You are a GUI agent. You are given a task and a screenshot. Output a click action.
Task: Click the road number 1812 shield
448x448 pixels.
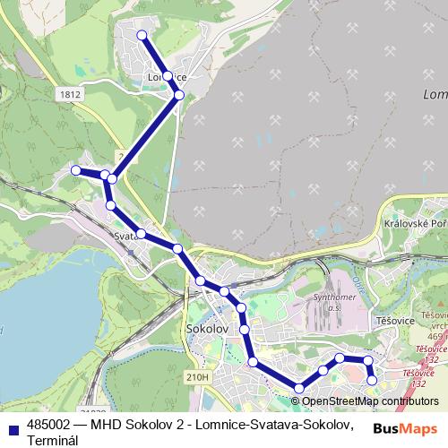point(70,92)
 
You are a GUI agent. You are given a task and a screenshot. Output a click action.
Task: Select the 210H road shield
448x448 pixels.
point(198,378)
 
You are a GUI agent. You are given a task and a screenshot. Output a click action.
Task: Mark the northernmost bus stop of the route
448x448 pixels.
point(142,35)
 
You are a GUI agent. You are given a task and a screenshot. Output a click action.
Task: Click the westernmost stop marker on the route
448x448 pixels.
point(76,170)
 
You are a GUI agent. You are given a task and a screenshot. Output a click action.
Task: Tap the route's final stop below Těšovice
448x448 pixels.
point(373,381)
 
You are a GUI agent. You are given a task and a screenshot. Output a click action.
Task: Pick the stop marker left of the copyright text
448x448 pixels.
point(298,388)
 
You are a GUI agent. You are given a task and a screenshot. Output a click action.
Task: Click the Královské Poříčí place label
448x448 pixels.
point(414,224)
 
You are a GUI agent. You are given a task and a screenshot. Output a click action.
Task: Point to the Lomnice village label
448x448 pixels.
point(166,78)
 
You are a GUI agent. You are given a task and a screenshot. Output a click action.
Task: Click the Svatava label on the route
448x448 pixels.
point(125,236)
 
